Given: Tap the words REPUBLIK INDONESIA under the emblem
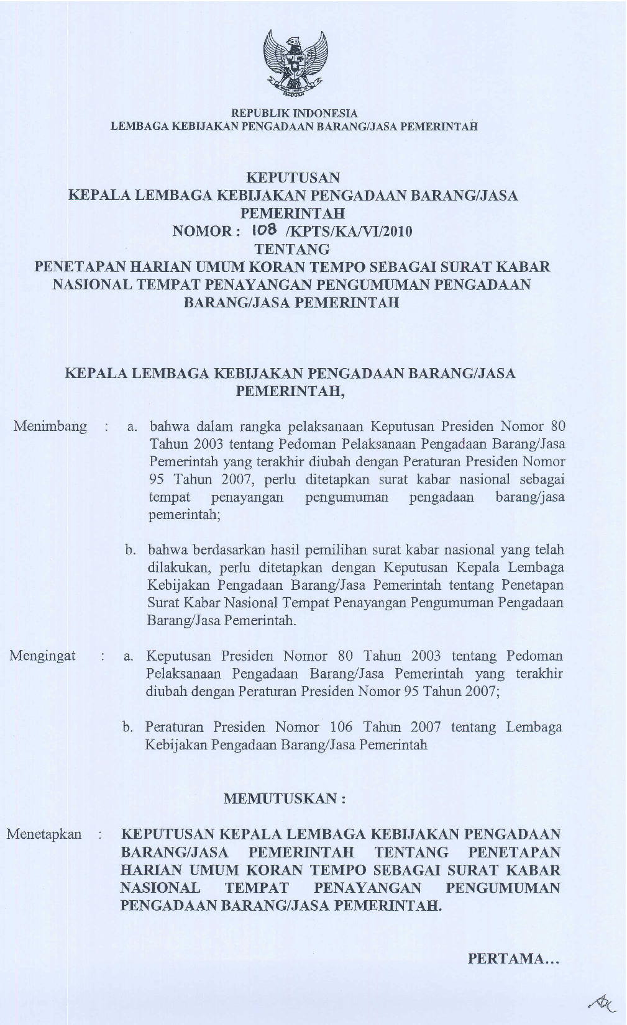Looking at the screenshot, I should pos(295,114).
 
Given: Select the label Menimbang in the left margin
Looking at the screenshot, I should pos(50,427).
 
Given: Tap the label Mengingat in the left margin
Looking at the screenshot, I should pos(42,656).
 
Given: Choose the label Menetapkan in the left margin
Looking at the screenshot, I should pos(44,834).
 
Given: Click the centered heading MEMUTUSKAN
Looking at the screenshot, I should pos(284,798).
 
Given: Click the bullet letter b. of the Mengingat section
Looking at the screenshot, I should pos(128,727).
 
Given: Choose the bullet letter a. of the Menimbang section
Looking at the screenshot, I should pos(132,427).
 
